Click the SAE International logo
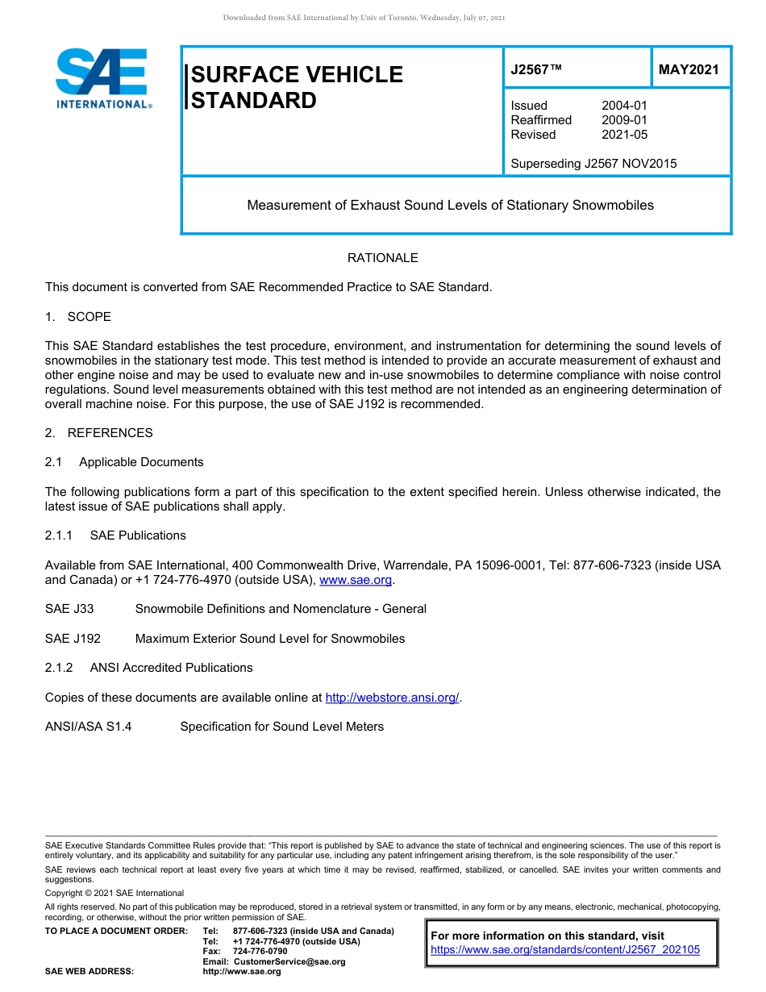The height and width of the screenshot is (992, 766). coord(102,78)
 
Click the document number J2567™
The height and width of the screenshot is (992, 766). coord(536,69)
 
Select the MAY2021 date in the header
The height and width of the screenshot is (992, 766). coord(688,69)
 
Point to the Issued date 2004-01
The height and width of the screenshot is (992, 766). coord(624,106)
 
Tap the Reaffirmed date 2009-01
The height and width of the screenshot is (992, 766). coord(624,120)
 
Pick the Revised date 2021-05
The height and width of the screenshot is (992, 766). coord(624,135)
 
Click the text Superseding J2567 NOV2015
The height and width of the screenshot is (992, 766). coord(593,164)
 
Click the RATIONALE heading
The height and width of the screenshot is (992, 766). coord(382,258)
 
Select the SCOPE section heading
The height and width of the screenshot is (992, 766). coord(89,317)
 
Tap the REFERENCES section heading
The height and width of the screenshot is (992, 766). coord(110,433)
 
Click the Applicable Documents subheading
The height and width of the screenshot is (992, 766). coord(141,462)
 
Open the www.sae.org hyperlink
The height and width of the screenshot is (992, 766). coord(356,580)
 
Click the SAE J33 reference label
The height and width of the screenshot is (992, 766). coord(69,609)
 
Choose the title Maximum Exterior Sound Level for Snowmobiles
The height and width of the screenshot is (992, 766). coord(270,639)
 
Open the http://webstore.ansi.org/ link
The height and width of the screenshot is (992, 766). coord(392,698)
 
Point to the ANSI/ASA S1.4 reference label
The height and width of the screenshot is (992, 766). coord(89,727)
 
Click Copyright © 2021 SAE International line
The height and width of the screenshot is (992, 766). coord(114,893)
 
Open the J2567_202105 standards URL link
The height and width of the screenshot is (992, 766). coord(565,949)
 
